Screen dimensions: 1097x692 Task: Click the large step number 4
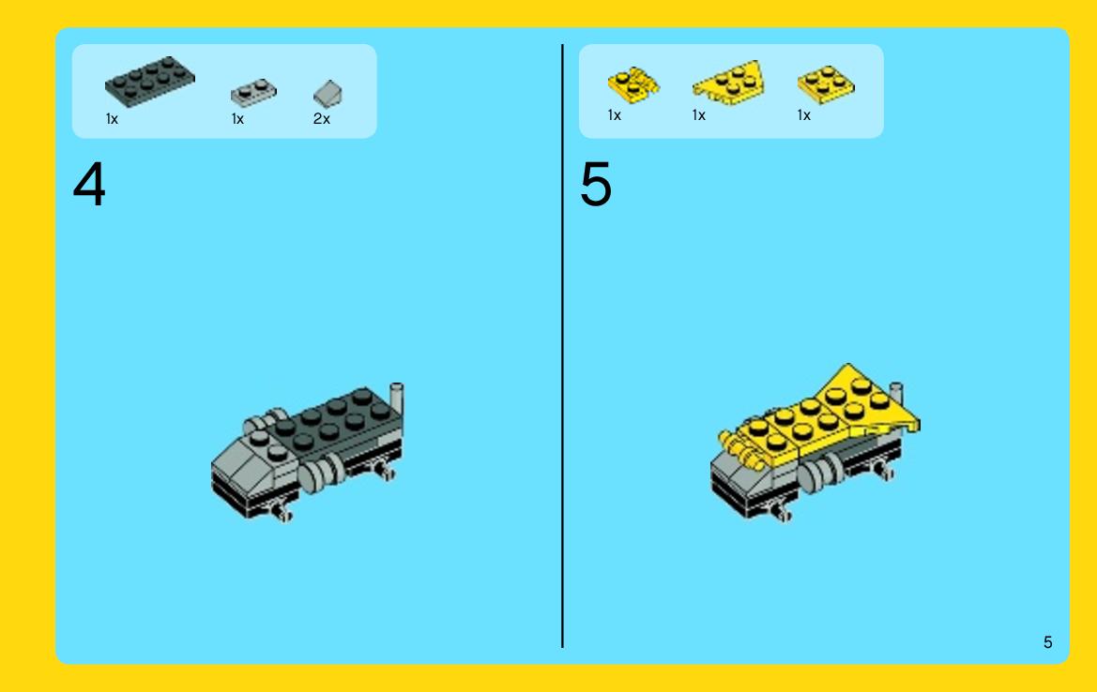89,185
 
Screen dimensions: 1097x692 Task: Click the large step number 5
596,185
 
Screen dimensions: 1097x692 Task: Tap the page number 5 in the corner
1047,642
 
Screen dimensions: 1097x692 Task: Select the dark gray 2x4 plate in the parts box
150,81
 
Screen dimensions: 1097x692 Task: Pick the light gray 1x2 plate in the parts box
254,92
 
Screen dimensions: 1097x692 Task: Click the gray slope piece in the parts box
328,94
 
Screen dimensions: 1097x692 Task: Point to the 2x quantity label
321,119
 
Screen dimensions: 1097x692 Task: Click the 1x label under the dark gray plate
112,119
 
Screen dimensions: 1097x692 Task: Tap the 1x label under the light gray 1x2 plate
237,119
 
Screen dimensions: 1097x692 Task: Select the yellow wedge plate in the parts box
728,83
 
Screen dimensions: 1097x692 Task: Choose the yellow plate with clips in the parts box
633,84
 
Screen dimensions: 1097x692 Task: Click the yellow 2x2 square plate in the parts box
826,84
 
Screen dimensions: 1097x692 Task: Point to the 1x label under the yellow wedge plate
699,115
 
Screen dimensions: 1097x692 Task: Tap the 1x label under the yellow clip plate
615,115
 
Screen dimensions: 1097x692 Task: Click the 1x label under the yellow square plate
804,115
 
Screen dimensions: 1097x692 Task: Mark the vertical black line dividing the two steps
562,346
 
